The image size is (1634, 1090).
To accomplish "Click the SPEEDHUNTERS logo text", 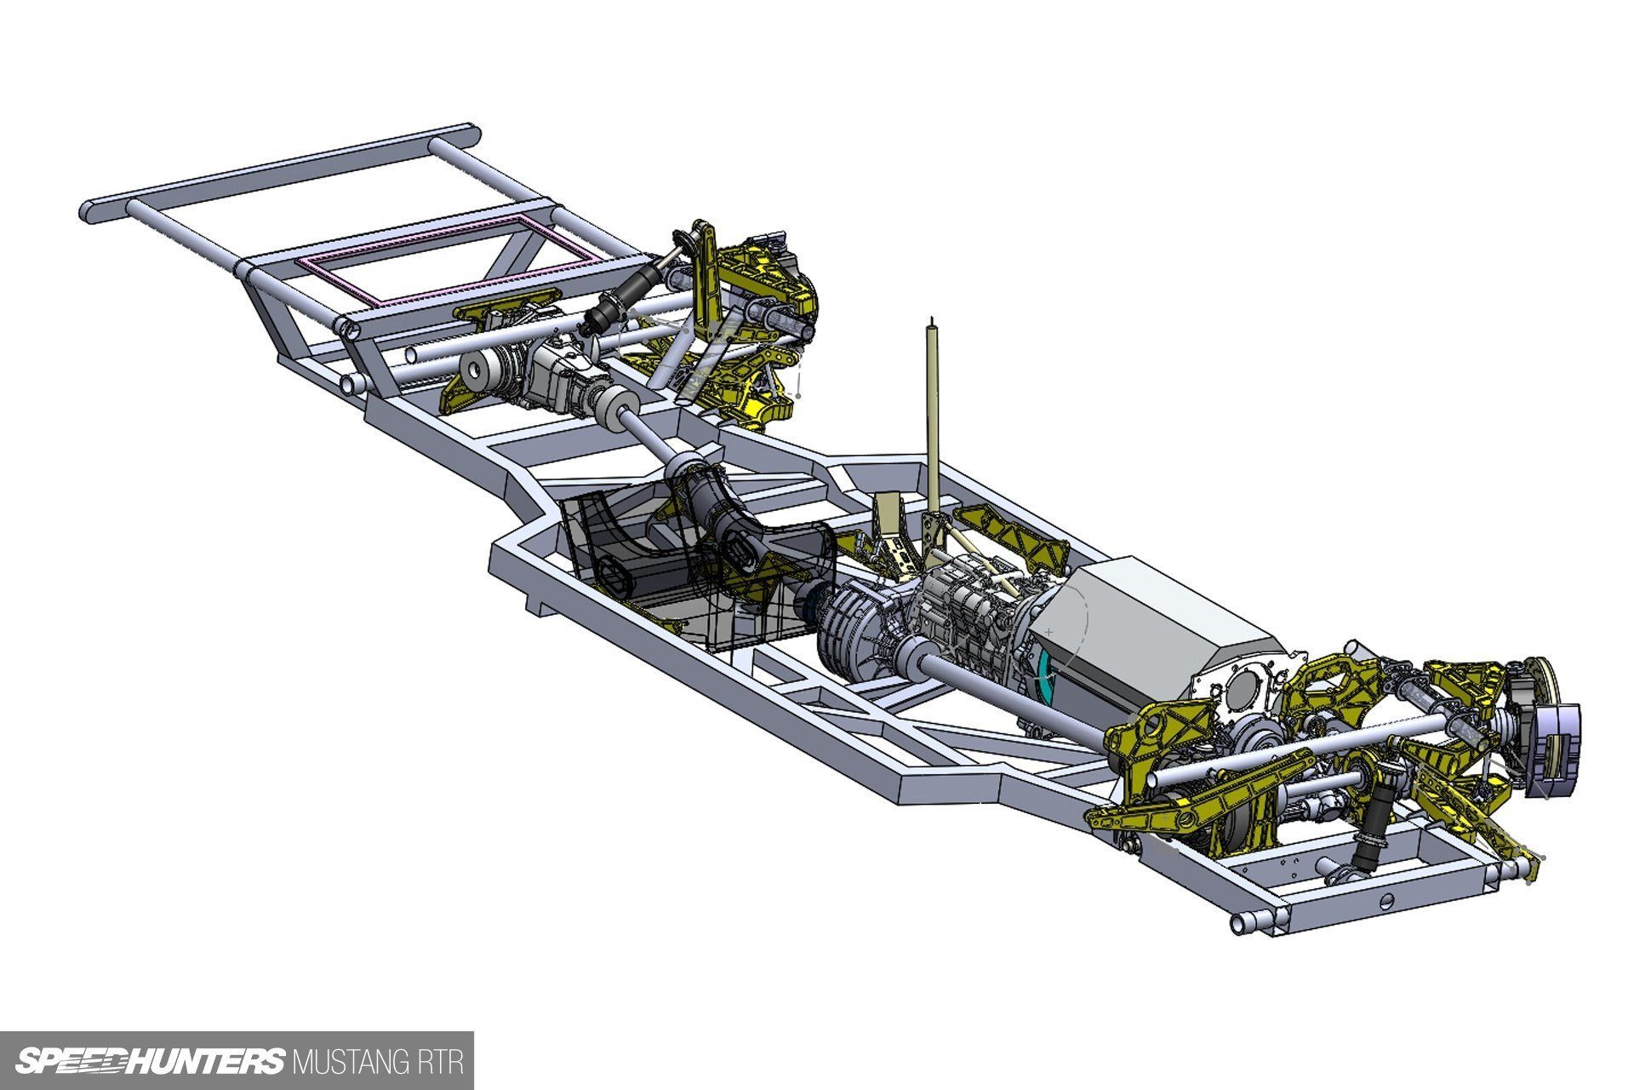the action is pyautogui.click(x=150, y=1061).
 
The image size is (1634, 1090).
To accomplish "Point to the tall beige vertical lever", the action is pyautogui.click(x=934, y=417).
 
